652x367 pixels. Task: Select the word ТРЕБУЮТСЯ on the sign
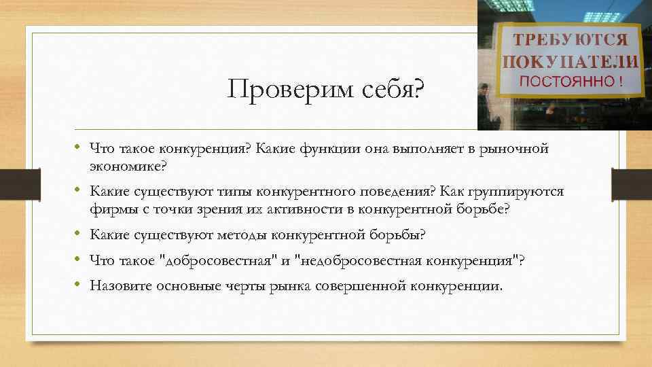[570, 38]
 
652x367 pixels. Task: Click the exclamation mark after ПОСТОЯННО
[619, 82]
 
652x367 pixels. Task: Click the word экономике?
[128, 166]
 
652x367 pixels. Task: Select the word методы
[241, 235]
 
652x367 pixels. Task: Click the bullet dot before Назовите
[79, 285]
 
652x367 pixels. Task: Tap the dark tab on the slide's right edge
[632, 183]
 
